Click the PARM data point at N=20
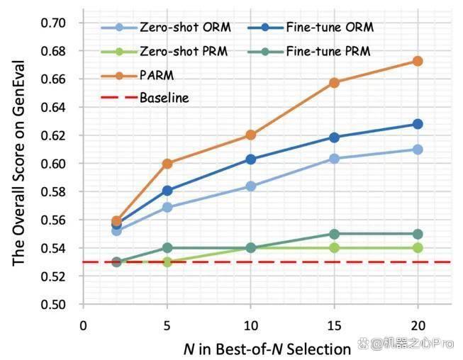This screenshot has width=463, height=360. point(418,62)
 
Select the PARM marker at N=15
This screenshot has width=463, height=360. point(334,83)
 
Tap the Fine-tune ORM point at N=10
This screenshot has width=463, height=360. point(251,159)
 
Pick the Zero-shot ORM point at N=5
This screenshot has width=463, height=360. point(167,207)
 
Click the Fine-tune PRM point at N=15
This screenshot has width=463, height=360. point(334,235)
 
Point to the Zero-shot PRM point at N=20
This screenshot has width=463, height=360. point(418,248)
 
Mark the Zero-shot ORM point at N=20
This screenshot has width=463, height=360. point(418,150)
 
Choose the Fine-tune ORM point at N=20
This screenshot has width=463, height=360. point(418,124)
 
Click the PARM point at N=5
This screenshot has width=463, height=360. point(167,164)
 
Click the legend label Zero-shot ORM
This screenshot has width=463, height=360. point(186,28)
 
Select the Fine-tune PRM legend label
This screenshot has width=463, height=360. point(328,52)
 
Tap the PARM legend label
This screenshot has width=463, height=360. point(157,76)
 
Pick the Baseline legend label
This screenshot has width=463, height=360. point(164,98)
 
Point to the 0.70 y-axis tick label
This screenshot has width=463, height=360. point(53,23)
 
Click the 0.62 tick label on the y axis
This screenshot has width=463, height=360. point(53,135)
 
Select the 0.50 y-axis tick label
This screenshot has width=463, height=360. point(53,305)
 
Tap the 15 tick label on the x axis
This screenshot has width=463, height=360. point(334,326)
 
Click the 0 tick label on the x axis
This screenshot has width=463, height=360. point(83,326)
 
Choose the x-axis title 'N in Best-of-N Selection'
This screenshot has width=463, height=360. point(267,349)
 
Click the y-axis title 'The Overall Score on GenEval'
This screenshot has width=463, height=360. point(18,163)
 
